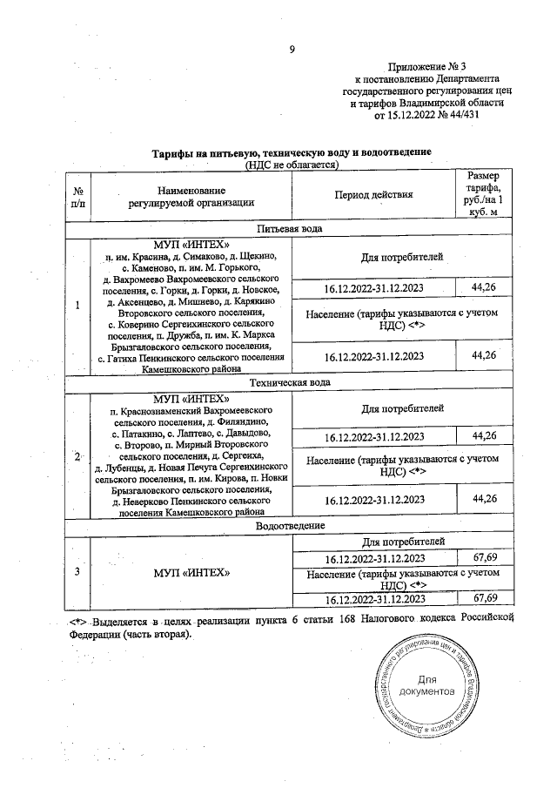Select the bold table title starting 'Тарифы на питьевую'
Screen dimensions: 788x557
pyautogui.click(x=292, y=153)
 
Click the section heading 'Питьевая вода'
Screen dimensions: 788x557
pyautogui.click(x=292, y=228)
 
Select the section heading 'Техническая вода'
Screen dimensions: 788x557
pyautogui.click(x=292, y=382)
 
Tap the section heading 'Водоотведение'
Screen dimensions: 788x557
pyautogui.click(x=292, y=527)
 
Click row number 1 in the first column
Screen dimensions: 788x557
pyautogui.click(x=79, y=306)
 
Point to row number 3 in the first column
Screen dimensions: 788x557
pyautogui.click(x=79, y=571)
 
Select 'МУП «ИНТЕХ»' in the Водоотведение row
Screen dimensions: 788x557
pyautogui.click(x=191, y=571)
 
